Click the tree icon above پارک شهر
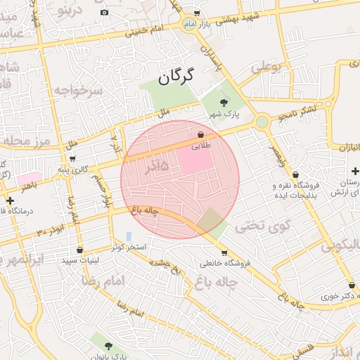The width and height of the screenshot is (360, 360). pos(224,103)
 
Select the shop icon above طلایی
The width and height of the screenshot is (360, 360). pos(200,134)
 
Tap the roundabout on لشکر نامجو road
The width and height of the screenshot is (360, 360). pos(262,122)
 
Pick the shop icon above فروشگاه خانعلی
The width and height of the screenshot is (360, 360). pos(224,252)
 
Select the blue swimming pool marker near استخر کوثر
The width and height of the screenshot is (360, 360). pos(128,236)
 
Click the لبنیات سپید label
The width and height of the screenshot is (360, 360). pos(79,260)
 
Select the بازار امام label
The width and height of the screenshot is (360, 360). pos(197,24)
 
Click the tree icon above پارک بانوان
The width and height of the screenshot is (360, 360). pos(108,345)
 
